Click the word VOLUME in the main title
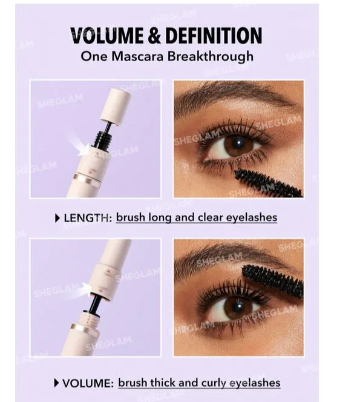click(107, 35)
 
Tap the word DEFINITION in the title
click(214, 35)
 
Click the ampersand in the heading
click(154, 35)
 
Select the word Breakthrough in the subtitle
click(211, 56)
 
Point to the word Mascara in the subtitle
click(137, 56)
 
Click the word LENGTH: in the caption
click(88, 218)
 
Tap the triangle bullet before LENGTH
click(57, 218)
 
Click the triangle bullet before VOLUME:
click(57, 383)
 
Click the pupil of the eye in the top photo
click(239, 142)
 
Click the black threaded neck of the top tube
click(103, 140)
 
